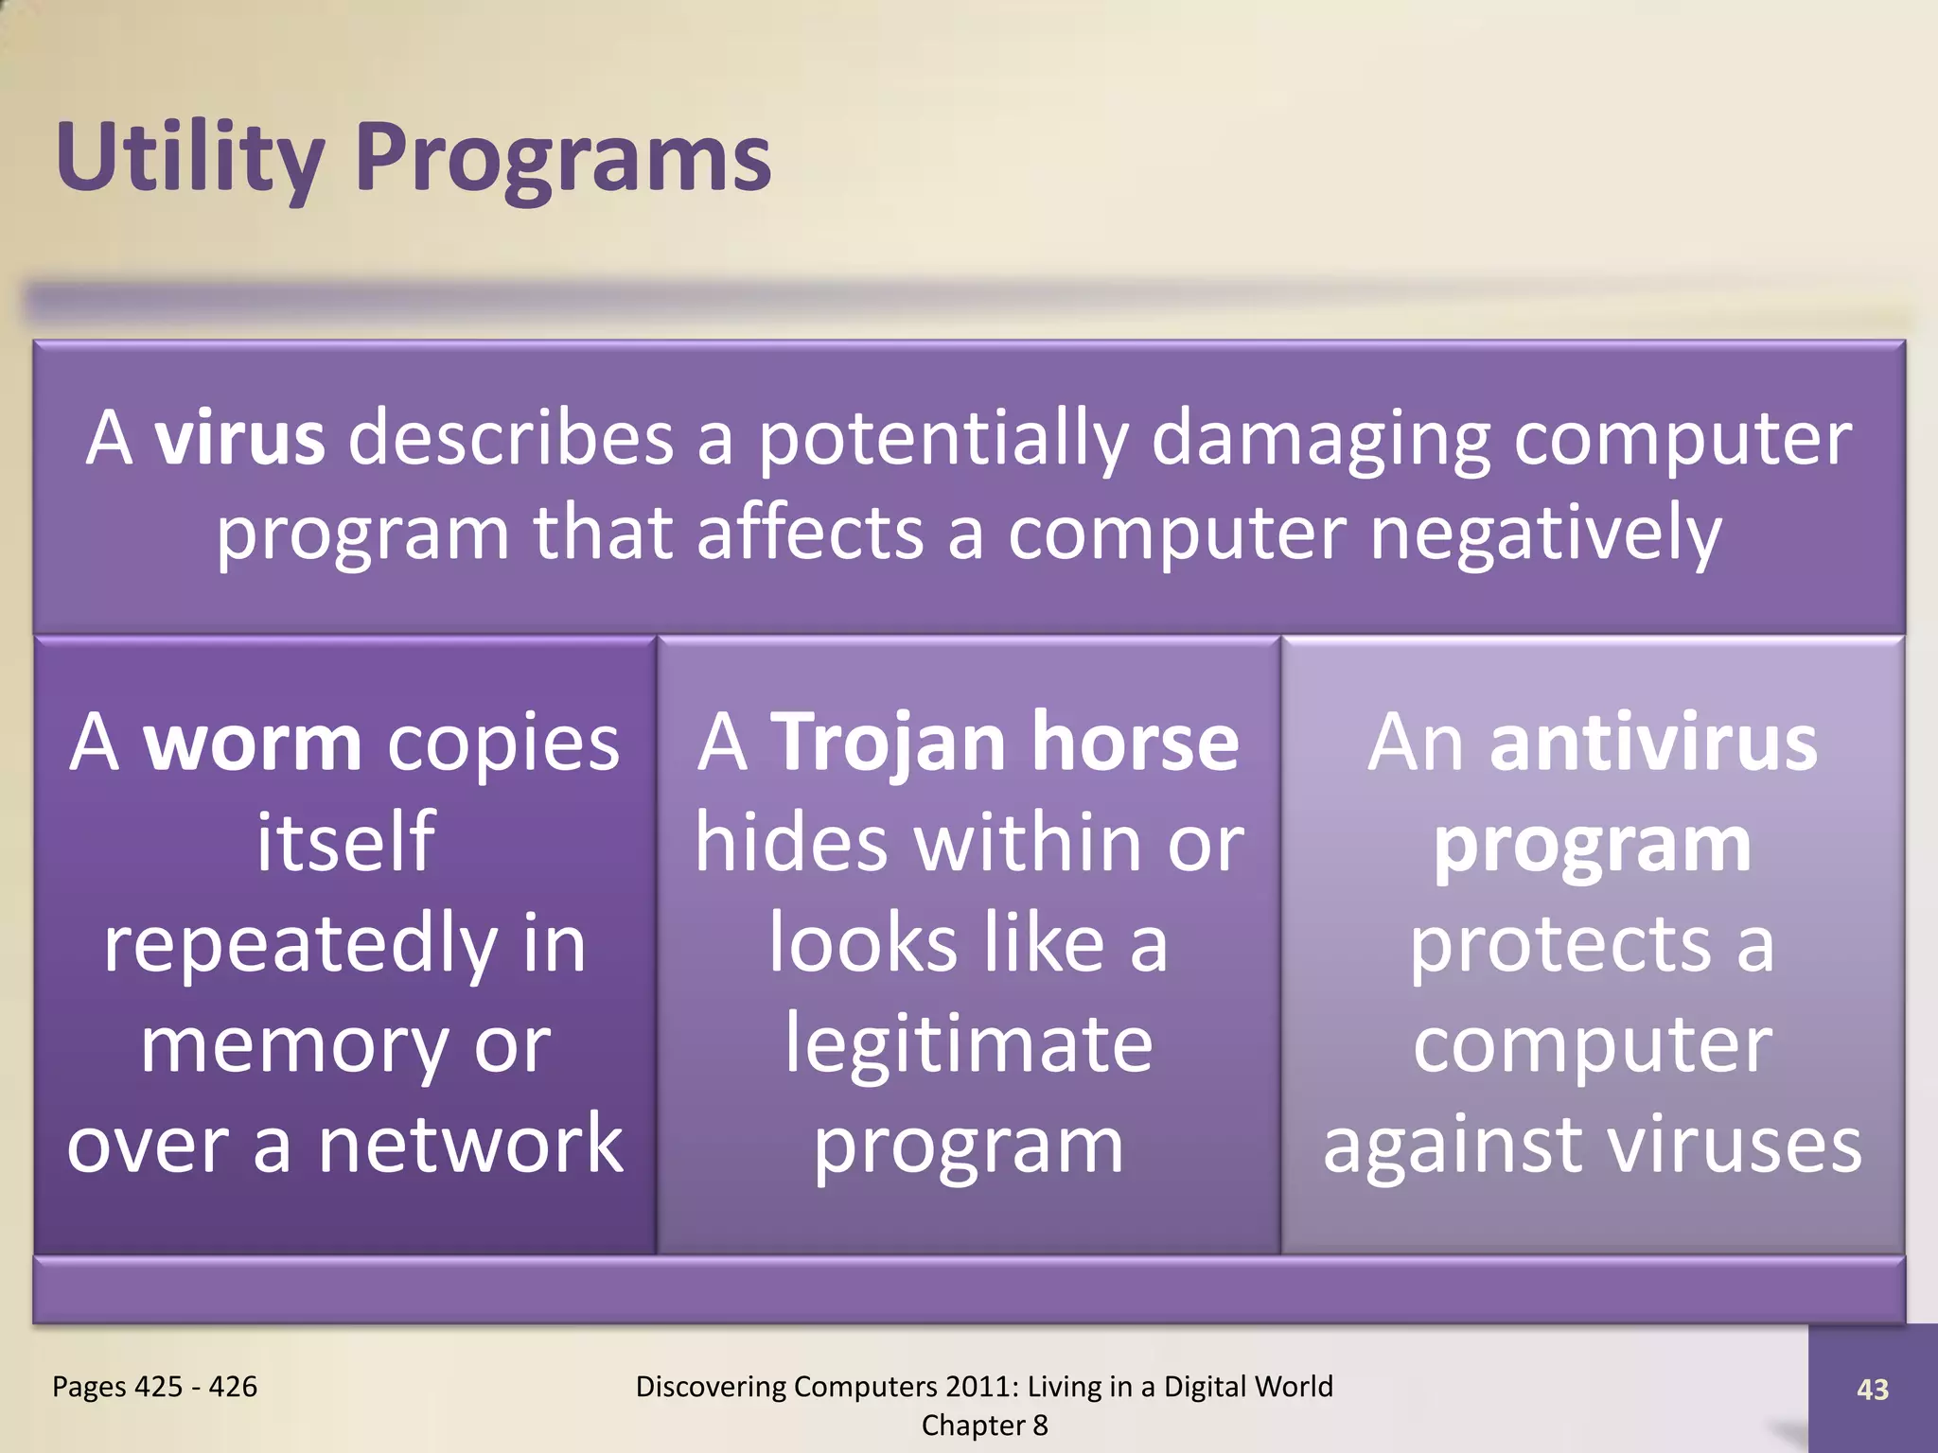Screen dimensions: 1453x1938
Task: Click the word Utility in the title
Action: (x=189, y=159)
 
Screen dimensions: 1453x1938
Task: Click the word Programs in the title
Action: (x=564, y=159)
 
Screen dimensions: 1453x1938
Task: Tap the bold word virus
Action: (x=240, y=439)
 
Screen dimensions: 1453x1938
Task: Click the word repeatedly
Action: (x=301, y=944)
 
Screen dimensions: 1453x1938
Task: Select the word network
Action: (x=470, y=1145)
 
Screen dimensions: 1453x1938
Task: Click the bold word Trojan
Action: (x=889, y=744)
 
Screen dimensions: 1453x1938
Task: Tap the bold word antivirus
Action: (x=1653, y=744)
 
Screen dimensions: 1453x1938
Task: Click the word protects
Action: (x=1560, y=944)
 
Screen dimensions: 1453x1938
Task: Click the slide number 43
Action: (x=1872, y=1390)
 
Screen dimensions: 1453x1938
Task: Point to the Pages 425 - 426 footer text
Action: (x=154, y=1387)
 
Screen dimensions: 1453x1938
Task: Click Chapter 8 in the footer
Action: (x=984, y=1426)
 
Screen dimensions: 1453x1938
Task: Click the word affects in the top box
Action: (x=810, y=534)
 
